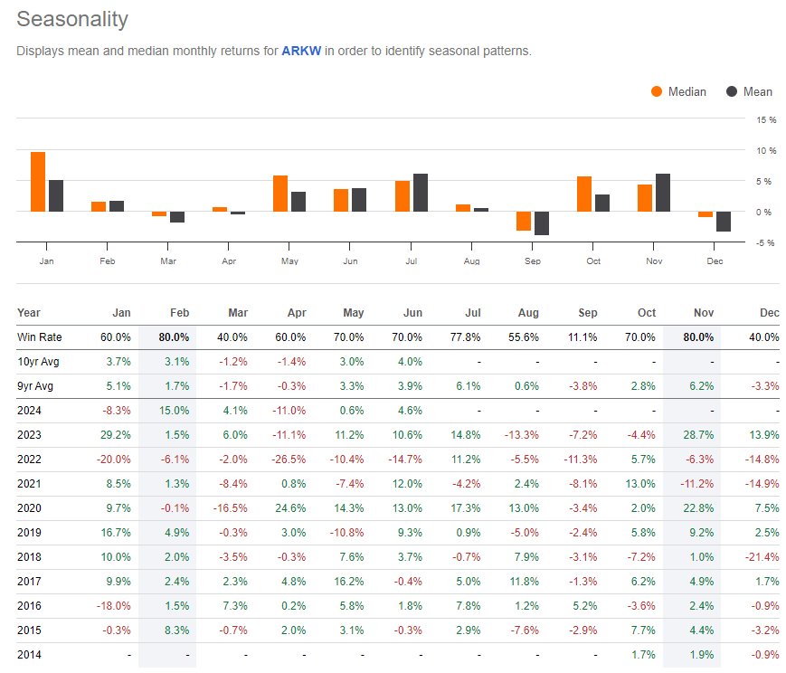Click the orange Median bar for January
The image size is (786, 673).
(x=37, y=182)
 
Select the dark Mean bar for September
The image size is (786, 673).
(x=542, y=223)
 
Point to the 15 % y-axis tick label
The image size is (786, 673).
(x=765, y=119)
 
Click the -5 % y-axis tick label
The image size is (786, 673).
(x=765, y=242)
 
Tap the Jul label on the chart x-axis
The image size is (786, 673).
(x=412, y=261)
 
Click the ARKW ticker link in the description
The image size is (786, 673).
(x=300, y=51)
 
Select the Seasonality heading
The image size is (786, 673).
(x=72, y=19)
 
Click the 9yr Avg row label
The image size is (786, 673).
(x=36, y=384)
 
